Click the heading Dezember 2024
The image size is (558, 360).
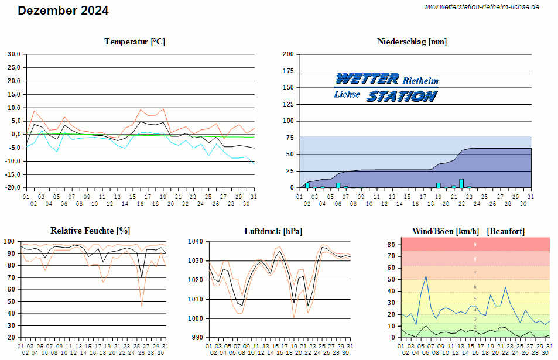63,11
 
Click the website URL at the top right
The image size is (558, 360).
481,7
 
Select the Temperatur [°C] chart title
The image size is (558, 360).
135,42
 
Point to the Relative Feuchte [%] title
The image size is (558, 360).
90,231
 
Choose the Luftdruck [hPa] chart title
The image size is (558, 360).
273,231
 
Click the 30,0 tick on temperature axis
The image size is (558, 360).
13,54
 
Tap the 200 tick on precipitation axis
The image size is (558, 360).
288,54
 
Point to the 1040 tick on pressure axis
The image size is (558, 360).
196,241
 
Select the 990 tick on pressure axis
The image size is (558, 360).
197,338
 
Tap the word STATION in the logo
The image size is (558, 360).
402,95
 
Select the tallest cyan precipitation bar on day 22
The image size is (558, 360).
461,183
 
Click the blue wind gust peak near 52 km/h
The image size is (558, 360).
426,276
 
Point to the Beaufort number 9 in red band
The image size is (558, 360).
475,244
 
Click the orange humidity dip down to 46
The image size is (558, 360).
142,306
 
